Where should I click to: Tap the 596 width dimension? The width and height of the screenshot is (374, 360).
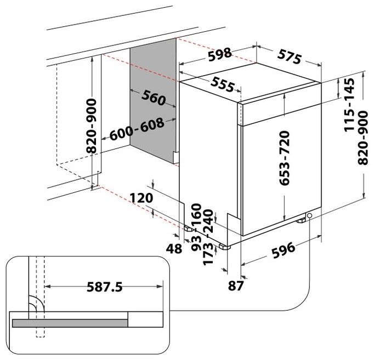coord(284,250)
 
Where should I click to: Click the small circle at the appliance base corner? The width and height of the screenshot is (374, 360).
coord(310,216)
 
